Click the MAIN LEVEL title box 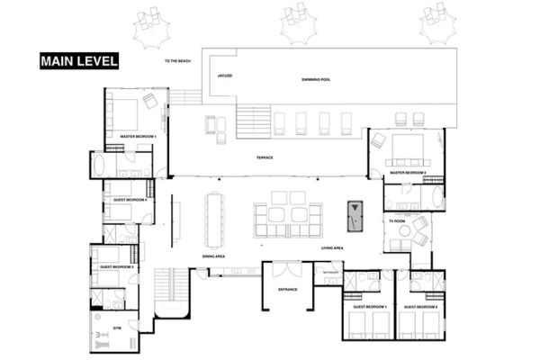pos(77,61)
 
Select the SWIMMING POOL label pos(316,80)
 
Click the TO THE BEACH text pos(179,61)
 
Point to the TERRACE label pos(265,157)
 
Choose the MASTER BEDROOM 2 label pos(408,171)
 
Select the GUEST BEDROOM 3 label pos(117,267)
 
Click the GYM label pos(116,327)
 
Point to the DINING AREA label pos(213,256)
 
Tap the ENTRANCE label pos(288,289)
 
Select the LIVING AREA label pos(335,247)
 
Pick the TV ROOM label pos(397,220)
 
